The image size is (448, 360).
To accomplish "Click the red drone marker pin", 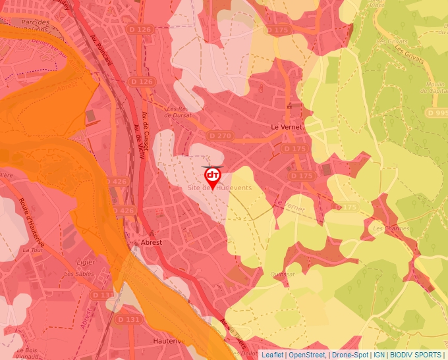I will point(212,176).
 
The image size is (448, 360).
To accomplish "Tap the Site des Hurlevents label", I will point(219,188).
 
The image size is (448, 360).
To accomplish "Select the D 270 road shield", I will point(219,135).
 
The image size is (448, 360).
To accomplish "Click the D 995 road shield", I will point(437,113).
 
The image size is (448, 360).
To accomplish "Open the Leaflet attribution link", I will point(272,355).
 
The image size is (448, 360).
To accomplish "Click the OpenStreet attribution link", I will point(306,355).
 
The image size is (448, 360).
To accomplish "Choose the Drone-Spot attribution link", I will point(350,355).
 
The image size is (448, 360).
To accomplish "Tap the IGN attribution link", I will point(379,355).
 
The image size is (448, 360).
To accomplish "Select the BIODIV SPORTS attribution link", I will point(415,355).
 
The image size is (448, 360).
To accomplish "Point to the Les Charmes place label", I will point(387,229).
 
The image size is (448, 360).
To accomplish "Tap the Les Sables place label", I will point(76,273).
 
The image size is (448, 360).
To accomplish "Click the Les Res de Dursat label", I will point(177,112).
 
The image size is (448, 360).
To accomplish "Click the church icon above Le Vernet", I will point(289,105).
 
